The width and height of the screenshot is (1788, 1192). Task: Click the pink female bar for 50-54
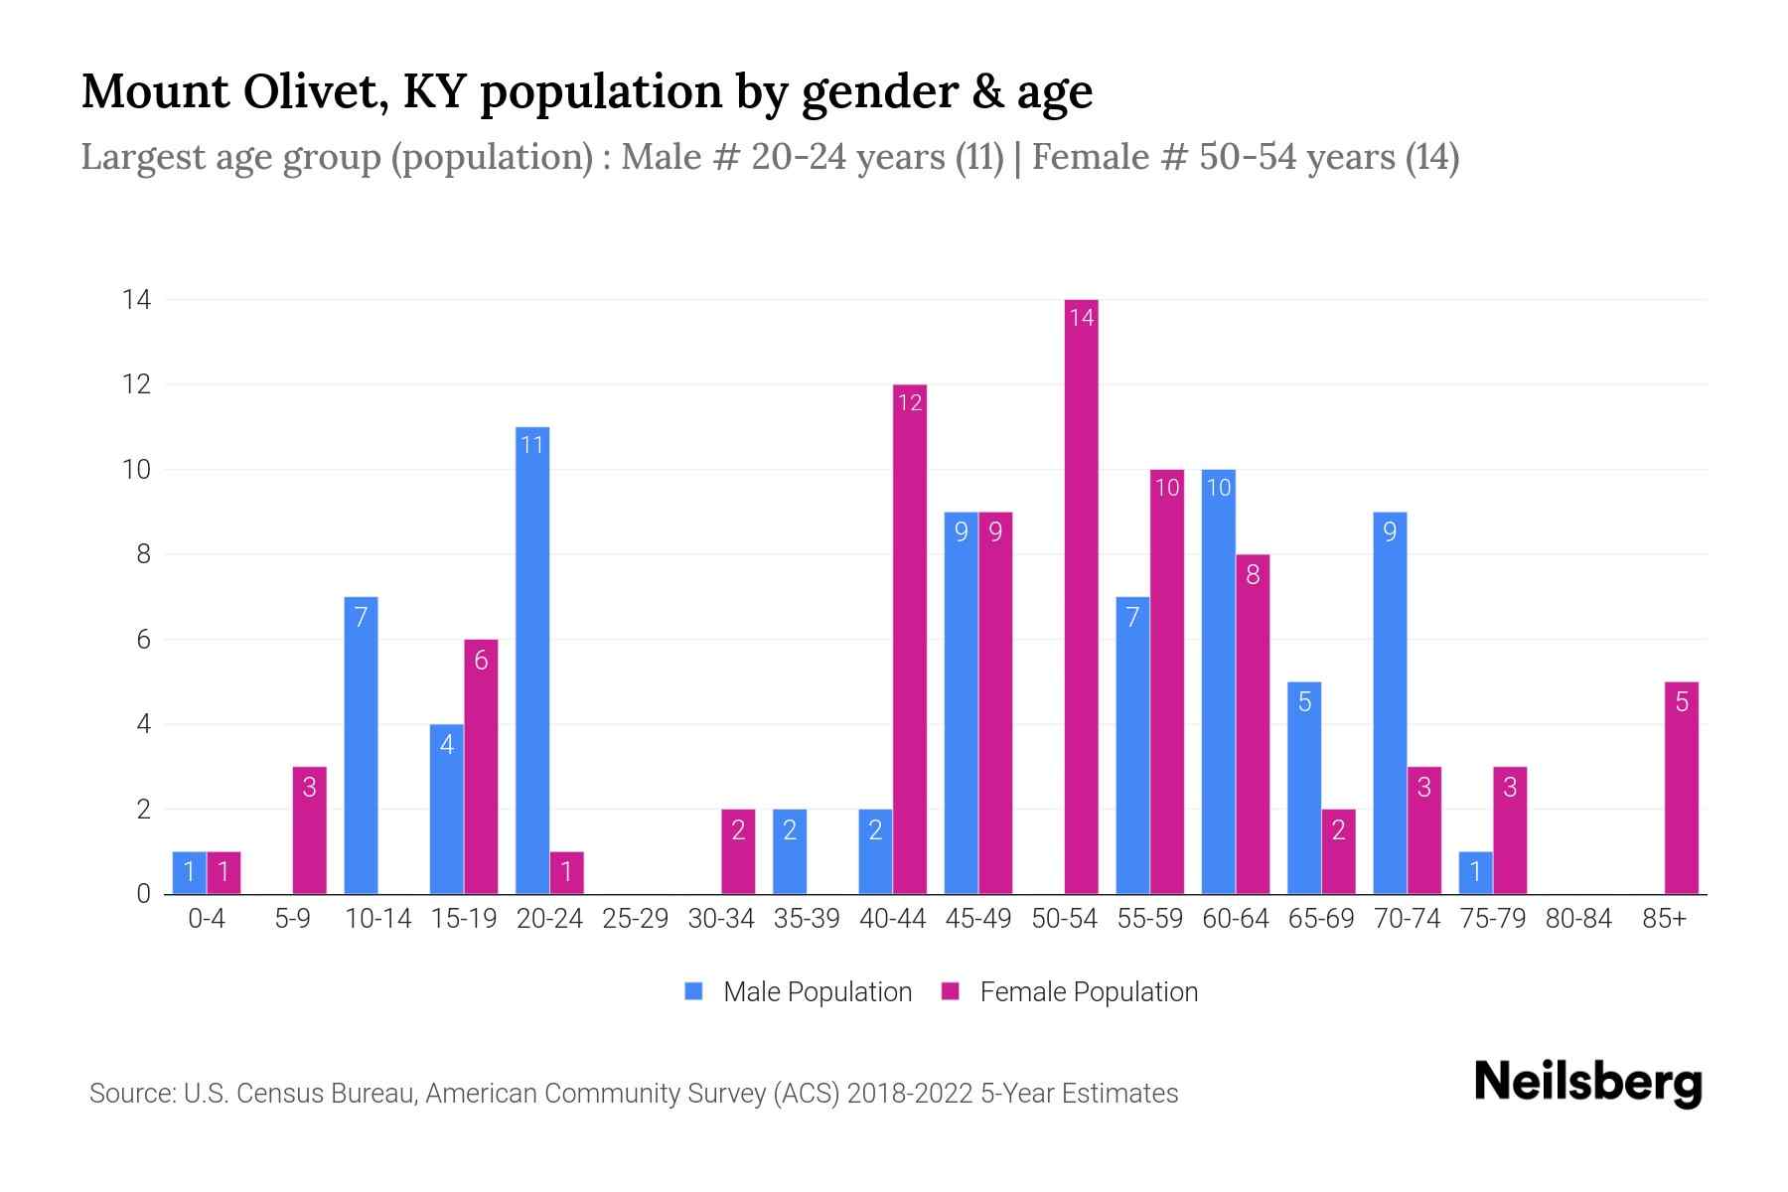pos(1081,596)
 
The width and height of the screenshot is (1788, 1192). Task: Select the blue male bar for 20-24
pos(532,661)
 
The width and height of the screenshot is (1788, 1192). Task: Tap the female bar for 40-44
pos(909,639)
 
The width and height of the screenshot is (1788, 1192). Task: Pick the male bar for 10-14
pos(361,745)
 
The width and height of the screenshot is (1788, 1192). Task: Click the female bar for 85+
pos(1681,788)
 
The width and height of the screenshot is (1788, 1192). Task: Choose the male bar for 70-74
pos(1390,702)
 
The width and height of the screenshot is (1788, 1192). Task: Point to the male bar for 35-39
pos(790,851)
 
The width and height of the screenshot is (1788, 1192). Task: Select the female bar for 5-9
pos(309,830)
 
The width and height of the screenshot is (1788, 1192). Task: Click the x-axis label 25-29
pos(635,919)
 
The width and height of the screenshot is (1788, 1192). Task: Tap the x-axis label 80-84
pos(1578,919)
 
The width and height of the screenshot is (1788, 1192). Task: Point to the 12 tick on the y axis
pos(136,384)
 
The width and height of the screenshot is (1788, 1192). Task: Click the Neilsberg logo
pos(1587,1083)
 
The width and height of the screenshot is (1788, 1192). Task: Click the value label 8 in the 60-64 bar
pos(1253,574)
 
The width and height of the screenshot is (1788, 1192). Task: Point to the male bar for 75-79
pos(1475,872)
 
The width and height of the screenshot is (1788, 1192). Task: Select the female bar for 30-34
pos(738,851)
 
